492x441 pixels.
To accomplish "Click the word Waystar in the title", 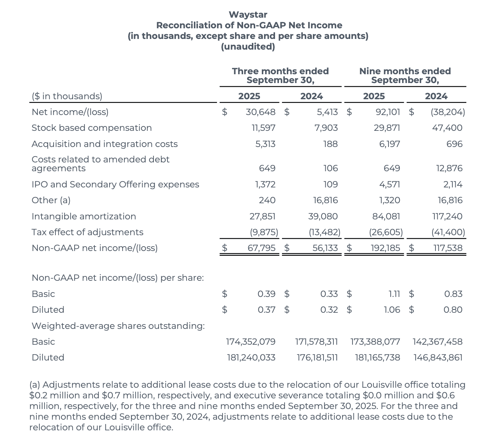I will click(248, 15).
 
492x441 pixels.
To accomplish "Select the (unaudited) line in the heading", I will click(248, 47).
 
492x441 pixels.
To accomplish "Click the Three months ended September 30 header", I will click(280, 76).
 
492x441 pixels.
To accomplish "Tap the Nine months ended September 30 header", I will click(405, 76).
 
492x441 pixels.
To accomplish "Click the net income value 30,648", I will click(260, 112).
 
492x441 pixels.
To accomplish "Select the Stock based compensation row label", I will click(91, 128).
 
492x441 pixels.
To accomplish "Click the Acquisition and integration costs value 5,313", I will click(265, 144).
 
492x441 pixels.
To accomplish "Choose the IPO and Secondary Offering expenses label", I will click(115, 184).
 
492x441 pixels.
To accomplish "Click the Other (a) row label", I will click(51, 200).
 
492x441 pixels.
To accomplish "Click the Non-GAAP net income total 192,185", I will click(385, 248).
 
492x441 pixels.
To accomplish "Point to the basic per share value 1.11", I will click(394, 294).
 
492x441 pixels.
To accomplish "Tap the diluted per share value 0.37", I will click(266, 310).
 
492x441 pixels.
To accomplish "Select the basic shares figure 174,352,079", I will click(250, 342).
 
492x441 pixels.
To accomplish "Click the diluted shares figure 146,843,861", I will click(438, 358).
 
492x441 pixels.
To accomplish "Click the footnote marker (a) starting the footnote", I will click(35, 385).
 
